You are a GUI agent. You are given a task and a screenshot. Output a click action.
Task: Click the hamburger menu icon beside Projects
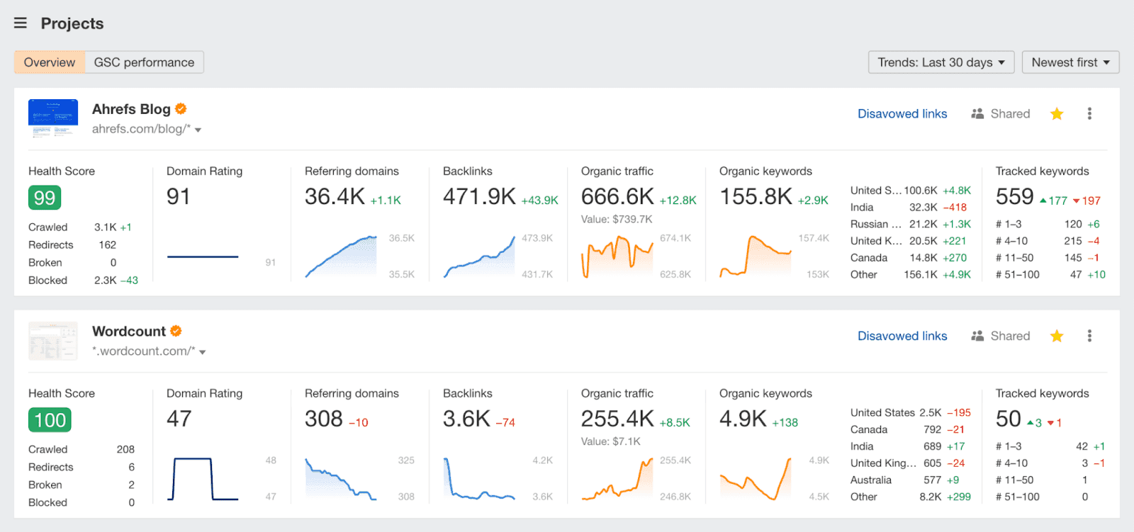click(x=21, y=23)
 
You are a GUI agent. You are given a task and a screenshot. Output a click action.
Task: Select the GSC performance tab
click(x=144, y=62)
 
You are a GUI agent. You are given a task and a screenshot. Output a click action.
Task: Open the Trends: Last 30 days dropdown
click(x=941, y=62)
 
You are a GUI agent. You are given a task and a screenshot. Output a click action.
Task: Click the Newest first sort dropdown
click(x=1070, y=62)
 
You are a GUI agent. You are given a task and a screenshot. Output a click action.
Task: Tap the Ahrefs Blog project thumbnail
click(x=53, y=118)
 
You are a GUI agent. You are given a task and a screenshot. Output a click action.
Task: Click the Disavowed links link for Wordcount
click(x=902, y=336)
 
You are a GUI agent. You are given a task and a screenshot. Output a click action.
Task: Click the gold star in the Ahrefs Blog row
click(x=1057, y=114)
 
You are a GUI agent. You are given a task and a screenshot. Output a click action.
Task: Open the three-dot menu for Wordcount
click(x=1089, y=336)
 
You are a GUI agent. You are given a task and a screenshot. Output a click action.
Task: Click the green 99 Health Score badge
click(x=45, y=198)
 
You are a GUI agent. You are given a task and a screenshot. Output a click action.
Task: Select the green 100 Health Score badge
click(x=50, y=420)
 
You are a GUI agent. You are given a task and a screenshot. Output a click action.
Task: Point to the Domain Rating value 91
click(x=179, y=196)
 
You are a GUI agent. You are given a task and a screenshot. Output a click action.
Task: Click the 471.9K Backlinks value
click(x=479, y=196)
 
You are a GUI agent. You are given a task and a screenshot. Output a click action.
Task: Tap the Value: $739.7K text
click(x=617, y=219)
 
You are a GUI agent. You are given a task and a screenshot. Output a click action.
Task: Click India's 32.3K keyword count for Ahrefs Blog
click(x=924, y=208)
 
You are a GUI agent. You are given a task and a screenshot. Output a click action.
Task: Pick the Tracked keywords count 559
click(x=1014, y=196)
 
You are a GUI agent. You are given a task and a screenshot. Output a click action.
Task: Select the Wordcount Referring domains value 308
click(x=324, y=419)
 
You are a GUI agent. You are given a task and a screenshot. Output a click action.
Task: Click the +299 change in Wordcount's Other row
click(x=959, y=497)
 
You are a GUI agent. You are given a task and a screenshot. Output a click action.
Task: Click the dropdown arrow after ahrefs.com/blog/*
click(x=198, y=130)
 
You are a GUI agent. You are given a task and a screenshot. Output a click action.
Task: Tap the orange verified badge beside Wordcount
click(x=176, y=331)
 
